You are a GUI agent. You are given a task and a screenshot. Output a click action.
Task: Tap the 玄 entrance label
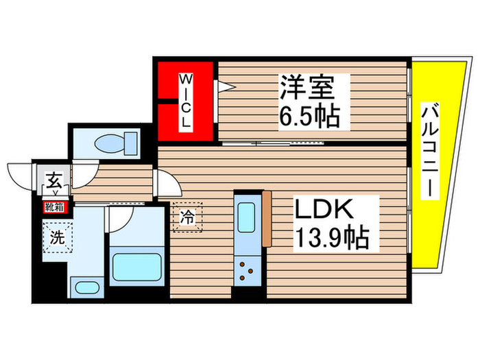(x=53, y=182)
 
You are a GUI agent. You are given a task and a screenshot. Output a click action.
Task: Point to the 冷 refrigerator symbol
(x=187, y=218)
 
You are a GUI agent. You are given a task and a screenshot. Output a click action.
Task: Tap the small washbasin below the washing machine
(x=86, y=287)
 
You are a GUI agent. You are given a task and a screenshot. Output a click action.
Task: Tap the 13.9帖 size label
(x=331, y=239)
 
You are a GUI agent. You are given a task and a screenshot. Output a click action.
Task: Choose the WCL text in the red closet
(x=186, y=101)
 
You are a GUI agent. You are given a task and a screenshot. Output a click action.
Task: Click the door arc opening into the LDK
(x=167, y=184)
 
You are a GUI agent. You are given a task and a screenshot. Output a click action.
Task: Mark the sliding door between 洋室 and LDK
(x=274, y=143)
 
